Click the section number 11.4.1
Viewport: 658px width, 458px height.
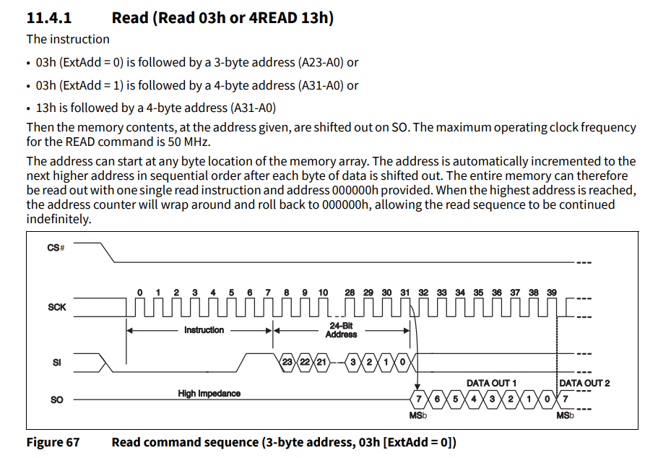[48, 17]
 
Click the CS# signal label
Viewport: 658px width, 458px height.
[56, 248]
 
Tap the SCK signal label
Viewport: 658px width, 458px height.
[57, 307]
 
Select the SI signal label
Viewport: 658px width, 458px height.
[57, 363]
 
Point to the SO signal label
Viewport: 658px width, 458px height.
[57, 399]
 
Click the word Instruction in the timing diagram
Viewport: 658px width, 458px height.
[204, 330]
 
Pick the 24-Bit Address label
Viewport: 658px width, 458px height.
[341, 330]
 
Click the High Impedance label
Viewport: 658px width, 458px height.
[209, 394]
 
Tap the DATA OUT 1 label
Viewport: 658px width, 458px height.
[491, 383]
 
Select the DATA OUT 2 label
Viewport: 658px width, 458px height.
[584, 383]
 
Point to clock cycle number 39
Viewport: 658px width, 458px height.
[551, 293]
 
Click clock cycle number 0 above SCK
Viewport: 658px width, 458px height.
[139, 293]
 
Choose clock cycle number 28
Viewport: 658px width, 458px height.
[350, 293]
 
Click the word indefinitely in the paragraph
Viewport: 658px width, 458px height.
[59, 218]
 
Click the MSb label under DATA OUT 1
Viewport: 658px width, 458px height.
[417, 416]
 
